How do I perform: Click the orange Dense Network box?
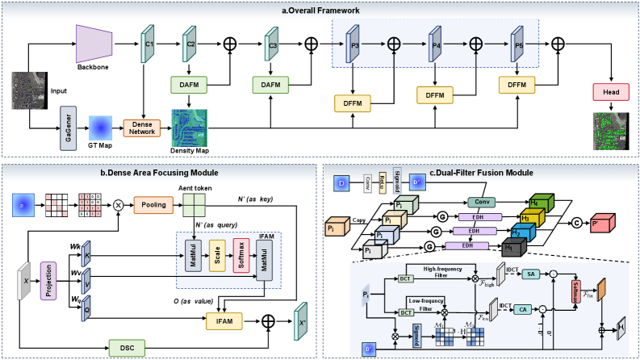click(142, 127)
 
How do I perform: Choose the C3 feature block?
click(272, 45)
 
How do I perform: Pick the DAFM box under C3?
click(271, 83)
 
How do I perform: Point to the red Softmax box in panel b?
click(241, 255)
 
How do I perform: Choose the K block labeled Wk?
click(86, 254)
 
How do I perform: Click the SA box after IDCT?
click(532, 274)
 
